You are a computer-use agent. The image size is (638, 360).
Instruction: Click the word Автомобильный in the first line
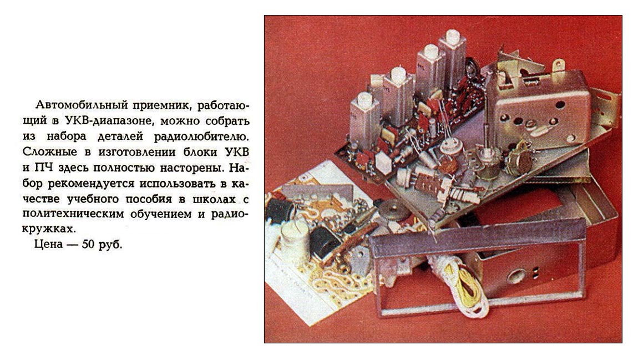click(81, 105)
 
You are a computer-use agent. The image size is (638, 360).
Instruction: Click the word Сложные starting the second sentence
click(49, 152)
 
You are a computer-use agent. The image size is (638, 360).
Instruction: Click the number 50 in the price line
click(89, 245)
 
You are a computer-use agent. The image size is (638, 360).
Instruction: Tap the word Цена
click(49, 245)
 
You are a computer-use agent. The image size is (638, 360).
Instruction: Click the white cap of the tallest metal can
click(452, 36)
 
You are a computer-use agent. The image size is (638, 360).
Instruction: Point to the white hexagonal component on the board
click(384, 163)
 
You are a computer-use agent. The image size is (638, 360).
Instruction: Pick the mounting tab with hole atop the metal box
click(558, 65)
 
